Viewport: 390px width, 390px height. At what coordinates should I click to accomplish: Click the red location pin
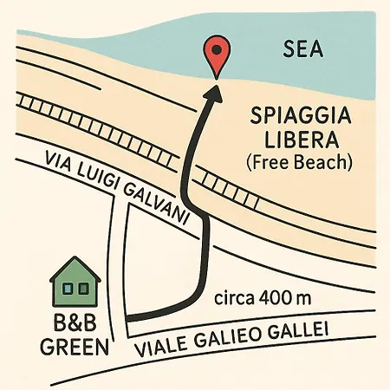tap(214, 57)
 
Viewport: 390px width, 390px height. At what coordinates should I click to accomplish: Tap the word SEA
tap(303, 50)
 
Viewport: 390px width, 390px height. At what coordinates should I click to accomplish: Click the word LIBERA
tap(291, 139)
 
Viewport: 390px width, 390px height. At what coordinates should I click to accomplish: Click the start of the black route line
tap(130, 321)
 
